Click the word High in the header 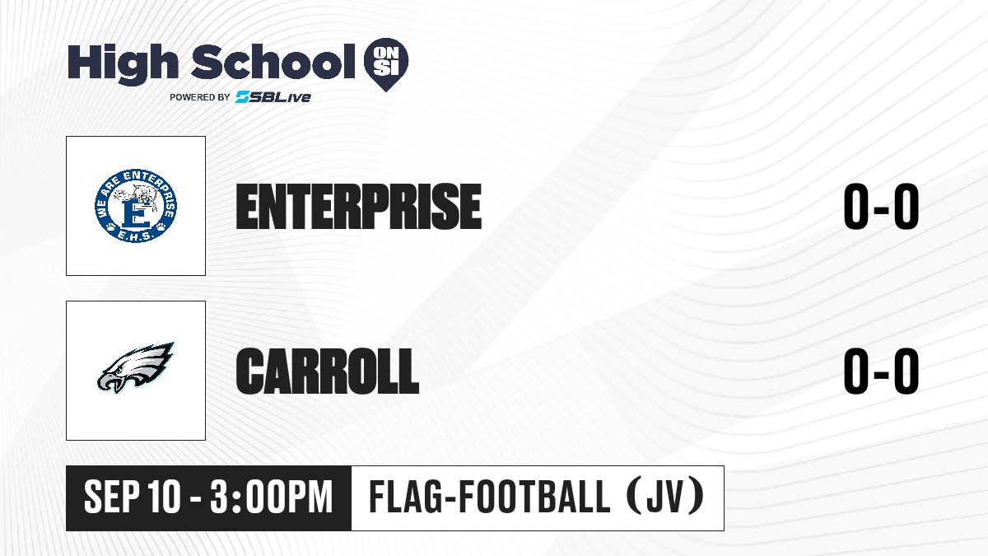coord(123,64)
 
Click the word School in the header coord(273,63)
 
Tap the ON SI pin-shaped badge coord(386,63)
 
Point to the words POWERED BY coord(200,97)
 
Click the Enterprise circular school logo coord(136,206)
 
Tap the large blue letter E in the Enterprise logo coord(135,214)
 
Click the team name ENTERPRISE coord(359,207)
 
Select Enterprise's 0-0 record coord(881,207)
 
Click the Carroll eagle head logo coord(136,367)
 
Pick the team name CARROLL coord(328,371)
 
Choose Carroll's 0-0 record coord(881,371)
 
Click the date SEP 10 coord(133,497)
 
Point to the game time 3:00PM coord(271,497)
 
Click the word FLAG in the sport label coord(405,497)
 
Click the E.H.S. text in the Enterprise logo coord(135,236)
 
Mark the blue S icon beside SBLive coord(243,97)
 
